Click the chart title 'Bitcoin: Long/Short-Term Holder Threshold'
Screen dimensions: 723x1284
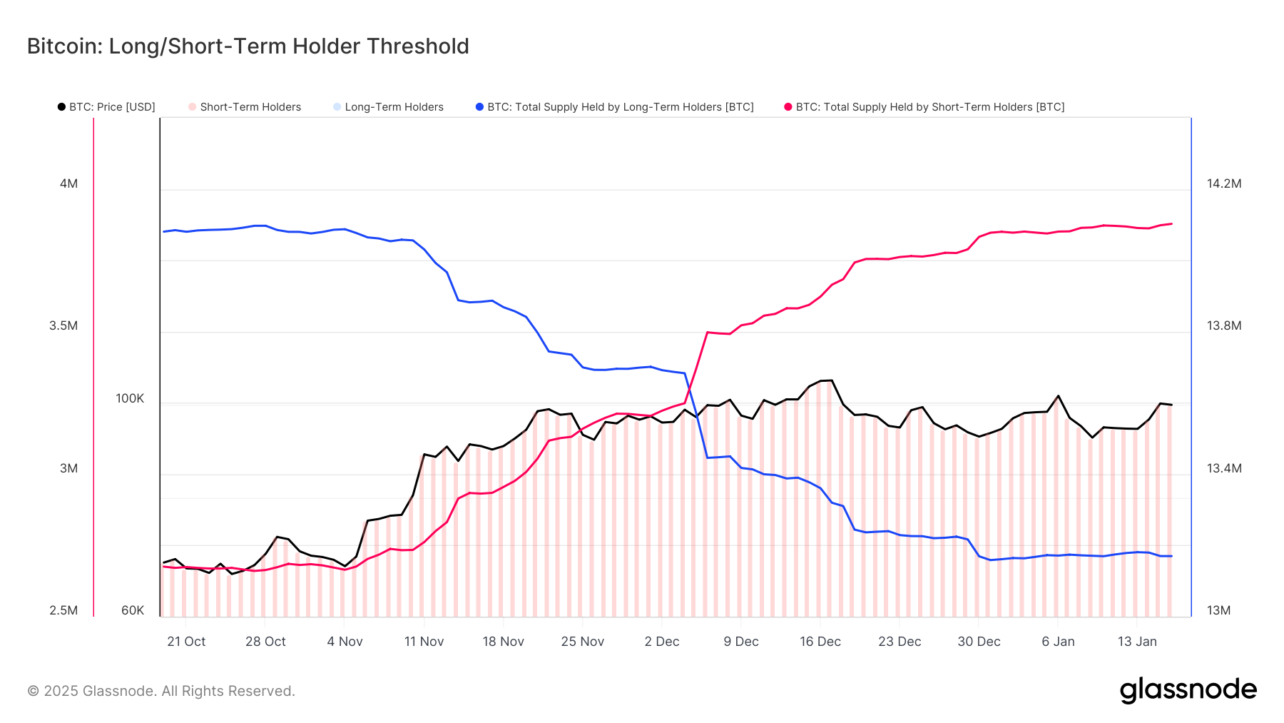tap(248, 46)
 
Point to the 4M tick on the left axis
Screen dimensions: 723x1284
tap(68, 184)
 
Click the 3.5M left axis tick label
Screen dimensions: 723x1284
tap(63, 326)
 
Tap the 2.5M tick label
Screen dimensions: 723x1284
tap(63, 611)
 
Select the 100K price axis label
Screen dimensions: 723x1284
tap(130, 398)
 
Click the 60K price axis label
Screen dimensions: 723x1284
tap(133, 611)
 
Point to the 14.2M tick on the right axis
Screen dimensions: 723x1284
tap(1224, 184)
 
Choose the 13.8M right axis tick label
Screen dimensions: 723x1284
tap(1224, 326)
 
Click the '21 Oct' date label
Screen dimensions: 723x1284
tap(186, 642)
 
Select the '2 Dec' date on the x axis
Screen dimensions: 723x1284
tap(662, 642)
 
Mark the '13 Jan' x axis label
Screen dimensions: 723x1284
tap(1137, 642)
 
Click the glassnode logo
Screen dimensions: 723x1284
tap(1188, 689)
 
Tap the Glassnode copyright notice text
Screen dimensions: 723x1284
tap(161, 691)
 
